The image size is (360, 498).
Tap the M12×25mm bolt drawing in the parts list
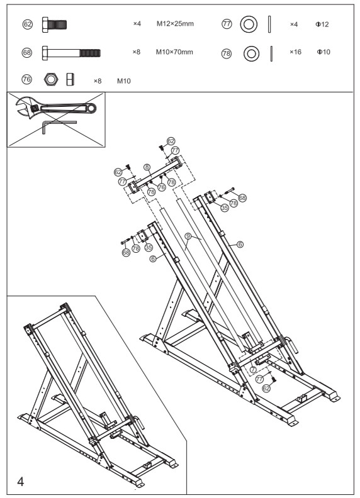pyautogui.click(x=54, y=25)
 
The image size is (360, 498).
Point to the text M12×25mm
pyautogui.click(x=174, y=24)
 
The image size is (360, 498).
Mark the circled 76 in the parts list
pyautogui.click(x=27, y=80)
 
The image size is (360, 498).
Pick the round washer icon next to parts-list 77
pyautogui.click(x=248, y=25)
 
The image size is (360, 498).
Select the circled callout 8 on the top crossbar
pyautogui.click(x=146, y=167)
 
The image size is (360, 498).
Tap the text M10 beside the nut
pyautogui.click(x=124, y=80)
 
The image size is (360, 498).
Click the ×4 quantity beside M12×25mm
pyautogui.click(x=137, y=24)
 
